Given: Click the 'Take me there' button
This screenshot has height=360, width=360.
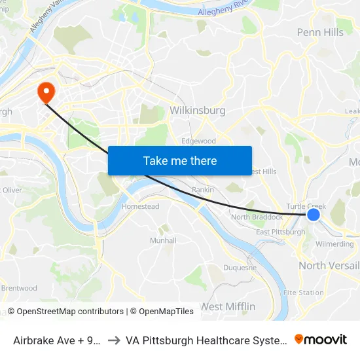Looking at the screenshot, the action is [x=180, y=160].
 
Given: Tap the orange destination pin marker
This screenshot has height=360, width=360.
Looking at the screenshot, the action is [x=46, y=92].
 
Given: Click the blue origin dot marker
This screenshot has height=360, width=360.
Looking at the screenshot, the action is [x=314, y=214].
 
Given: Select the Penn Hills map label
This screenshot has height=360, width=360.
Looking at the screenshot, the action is [x=320, y=32].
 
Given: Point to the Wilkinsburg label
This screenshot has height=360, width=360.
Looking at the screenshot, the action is [x=197, y=111].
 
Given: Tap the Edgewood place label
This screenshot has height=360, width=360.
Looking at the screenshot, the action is [x=198, y=141].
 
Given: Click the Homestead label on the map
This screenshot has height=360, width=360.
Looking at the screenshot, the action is [x=140, y=206].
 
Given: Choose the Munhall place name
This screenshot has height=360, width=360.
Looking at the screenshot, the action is [x=163, y=240].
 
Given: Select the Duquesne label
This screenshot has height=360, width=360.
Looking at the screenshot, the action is [x=240, y=267].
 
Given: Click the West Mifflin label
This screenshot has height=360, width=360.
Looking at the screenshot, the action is [x=227, y=306].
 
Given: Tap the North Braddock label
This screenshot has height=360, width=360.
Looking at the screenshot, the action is [x=257, y=217].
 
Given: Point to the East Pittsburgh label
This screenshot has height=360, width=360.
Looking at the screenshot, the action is [x=280, y=232].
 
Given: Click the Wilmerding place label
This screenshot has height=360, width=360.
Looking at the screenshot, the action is [x=334, y=243].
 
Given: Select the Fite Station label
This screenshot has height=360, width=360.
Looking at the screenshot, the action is [x=303, y=293].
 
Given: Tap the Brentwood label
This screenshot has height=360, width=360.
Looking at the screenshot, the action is [x=19, y=288].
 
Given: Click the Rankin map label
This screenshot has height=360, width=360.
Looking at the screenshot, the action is [x=203, y=190].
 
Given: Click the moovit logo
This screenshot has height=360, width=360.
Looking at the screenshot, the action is [x=321, y=340].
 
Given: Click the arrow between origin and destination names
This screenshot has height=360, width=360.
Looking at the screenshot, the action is [x=112, y=340].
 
